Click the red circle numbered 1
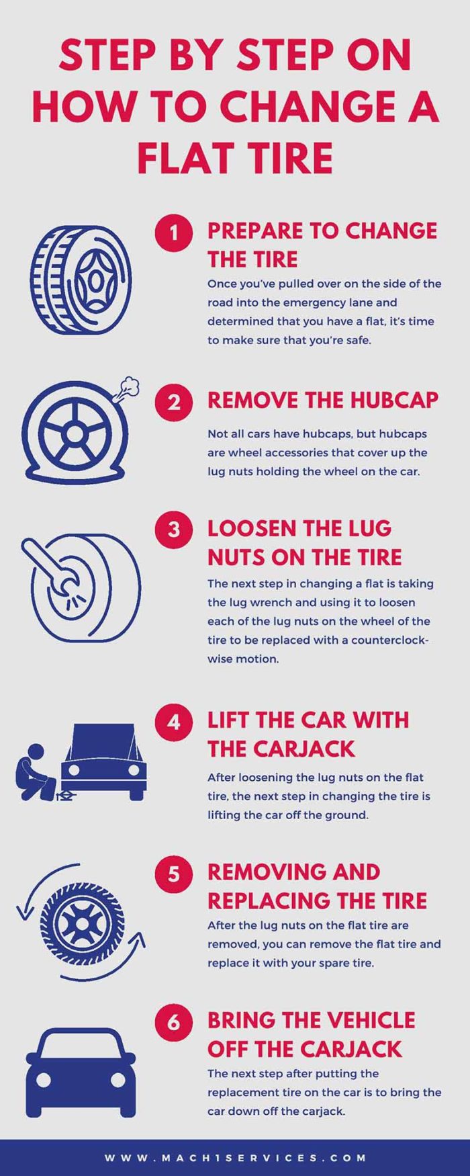(x=174, y=233)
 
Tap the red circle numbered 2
(x=174, y=402)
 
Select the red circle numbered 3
(x=174, y=530)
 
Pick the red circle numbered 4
(x=174, y=722)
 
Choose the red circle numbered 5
(x=174, y=874)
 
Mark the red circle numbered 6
(x=174, y=1022)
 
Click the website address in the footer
(x=235, y=1158)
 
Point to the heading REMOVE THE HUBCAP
(x=322, y=401)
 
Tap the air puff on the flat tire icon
(x=128, y=388)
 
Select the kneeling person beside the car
(x=34, y=773)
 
